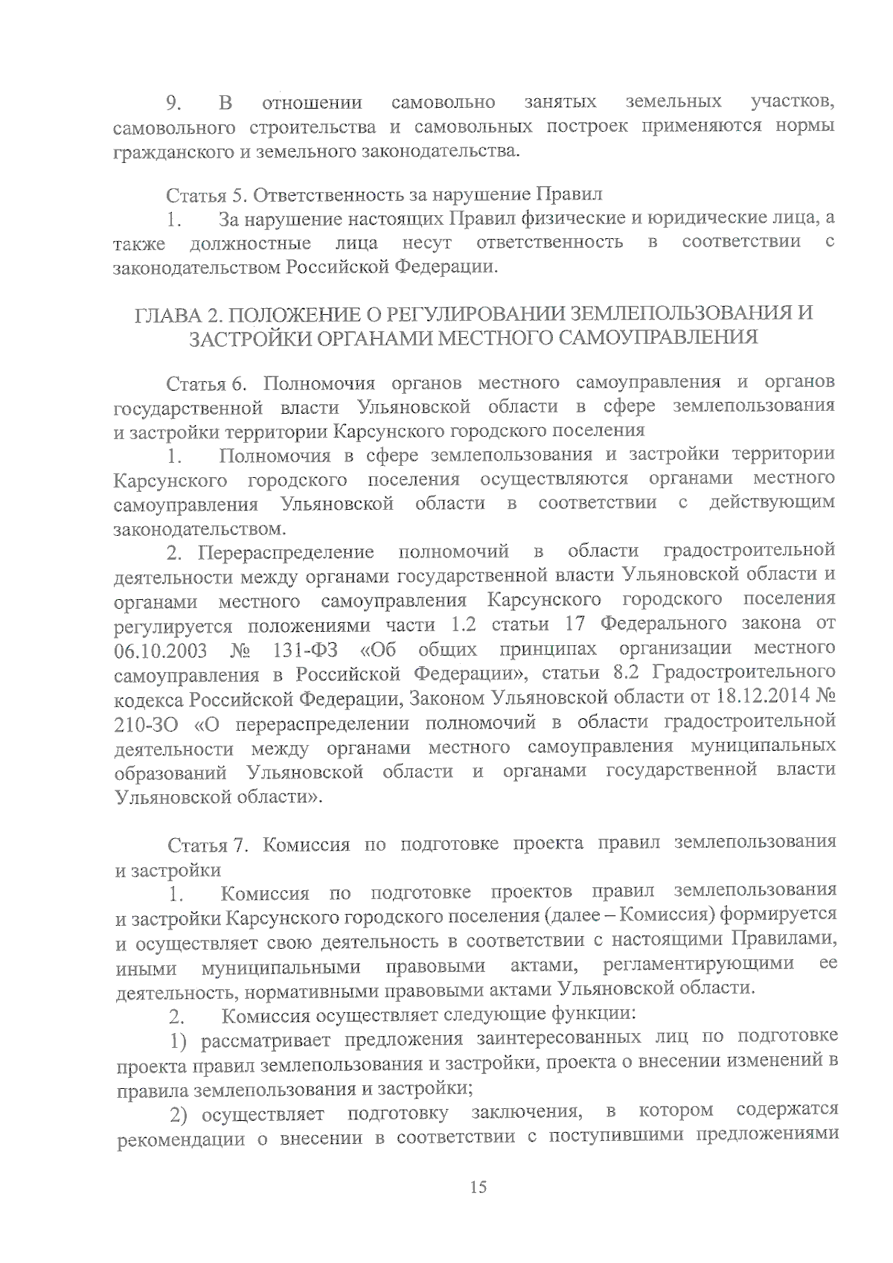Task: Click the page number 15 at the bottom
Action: tap(478, 1187)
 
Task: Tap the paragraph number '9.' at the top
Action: tap(175, 103)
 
